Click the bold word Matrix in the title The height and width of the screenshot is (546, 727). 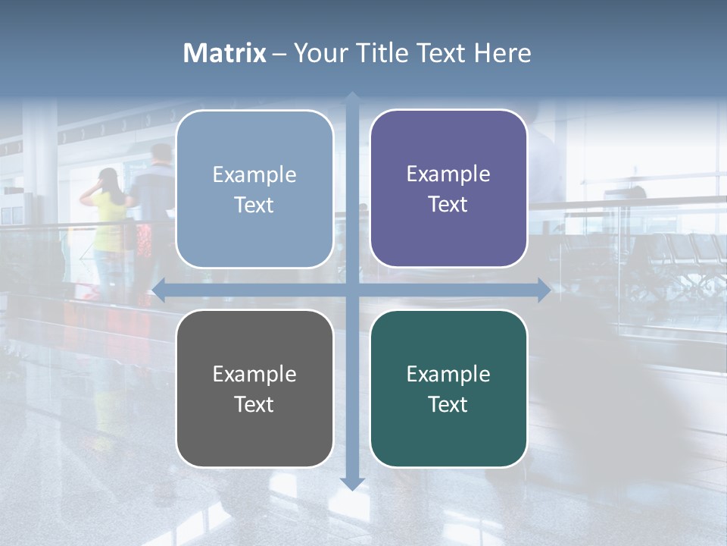[225, 53]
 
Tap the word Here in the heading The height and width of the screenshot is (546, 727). [502, 53]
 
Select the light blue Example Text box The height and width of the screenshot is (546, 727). [254, 189]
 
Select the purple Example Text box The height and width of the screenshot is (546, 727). [448, 189]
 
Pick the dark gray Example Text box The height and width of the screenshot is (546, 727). [254, 388]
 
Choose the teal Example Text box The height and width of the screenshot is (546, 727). [448, 388]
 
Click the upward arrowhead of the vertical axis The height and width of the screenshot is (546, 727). [352, 98]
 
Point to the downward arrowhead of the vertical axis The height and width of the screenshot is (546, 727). [352, 483]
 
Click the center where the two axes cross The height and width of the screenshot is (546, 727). [352, 290]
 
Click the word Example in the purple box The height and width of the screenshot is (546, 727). [448, 174]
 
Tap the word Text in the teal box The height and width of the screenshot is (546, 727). [448, 404]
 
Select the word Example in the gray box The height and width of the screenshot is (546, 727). [254, 374]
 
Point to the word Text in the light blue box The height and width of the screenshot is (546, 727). [254, 205]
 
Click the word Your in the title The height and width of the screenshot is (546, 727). [317, 53]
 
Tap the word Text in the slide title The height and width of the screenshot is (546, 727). [440, 53]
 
